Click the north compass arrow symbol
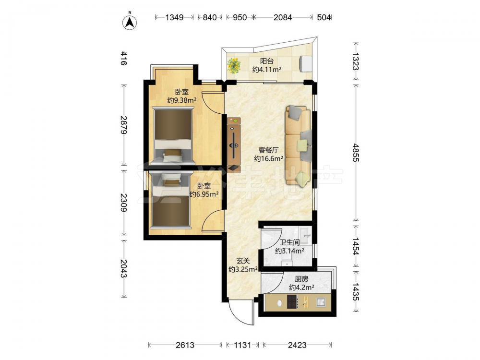click(x=130, y=22)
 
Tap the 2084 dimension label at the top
click(x=283, y=17)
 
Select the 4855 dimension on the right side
click(x=356, y=152)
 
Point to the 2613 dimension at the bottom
click(x=185, y=345)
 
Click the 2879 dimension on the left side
click(x=123, y=125)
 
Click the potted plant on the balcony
click(x=234, y=65)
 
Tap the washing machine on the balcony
click(x=306, y=64)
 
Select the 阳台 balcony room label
click(x=266, y=61)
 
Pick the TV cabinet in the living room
click(x=234, y=144)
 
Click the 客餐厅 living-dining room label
click(x=268, y=150)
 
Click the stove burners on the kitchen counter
click(x=292, y=301)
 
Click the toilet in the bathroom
click(x=287, y=262)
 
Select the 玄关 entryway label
click(x=243, y=261)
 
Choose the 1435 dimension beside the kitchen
click(x=356, y=291)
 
